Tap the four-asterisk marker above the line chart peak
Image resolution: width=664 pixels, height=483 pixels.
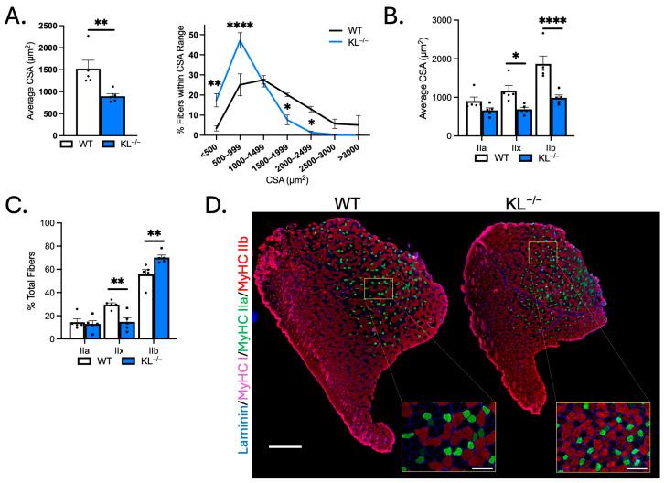[241, 27]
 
